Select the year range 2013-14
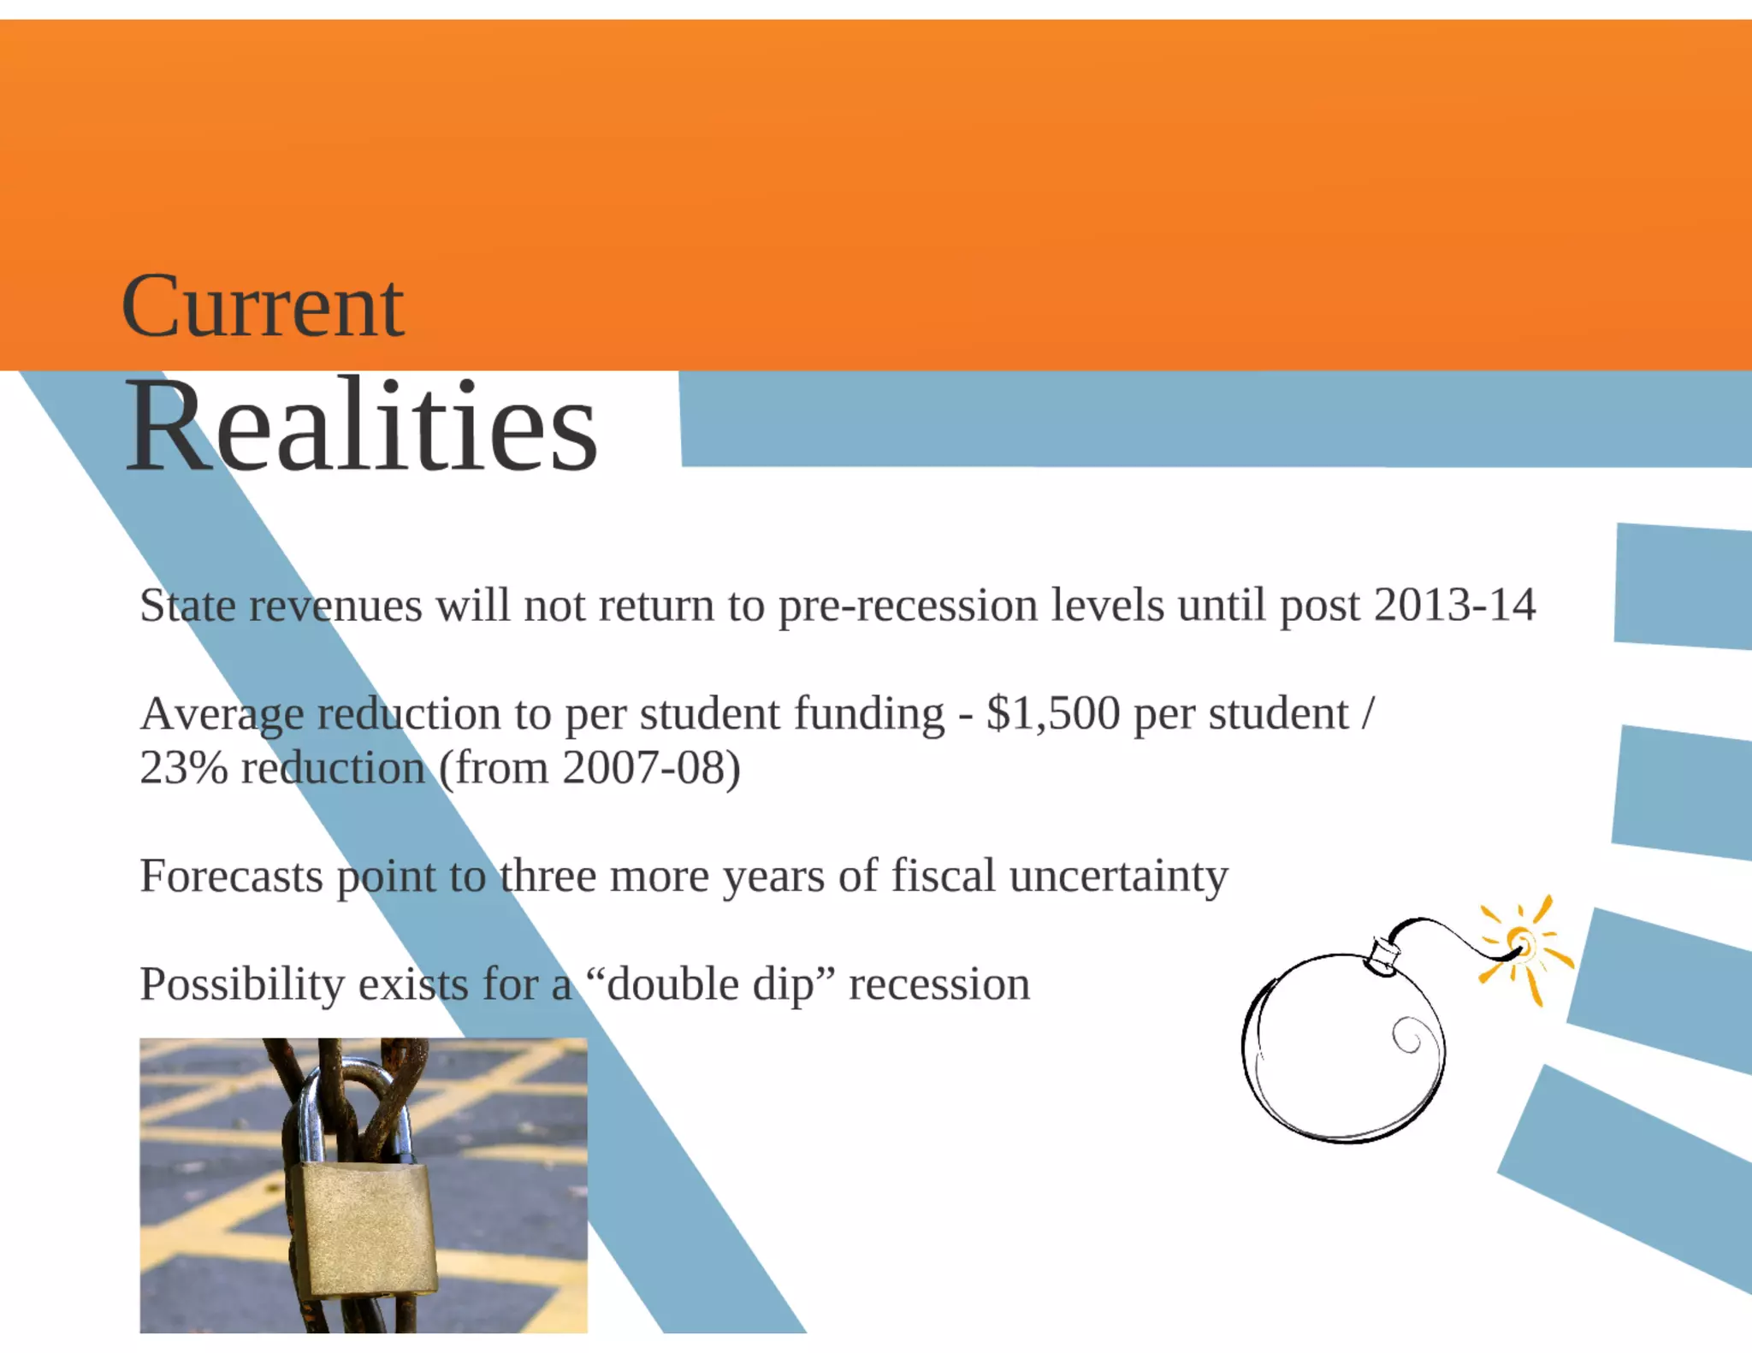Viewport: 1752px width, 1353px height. click(x=1454, y=606)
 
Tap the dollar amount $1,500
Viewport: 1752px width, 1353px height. click(x=1052, y=713)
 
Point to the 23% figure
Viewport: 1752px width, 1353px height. click(x=183, y=768)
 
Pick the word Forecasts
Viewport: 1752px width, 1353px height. click(x=231, y=876)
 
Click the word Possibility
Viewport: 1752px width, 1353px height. click(x=242, y=984)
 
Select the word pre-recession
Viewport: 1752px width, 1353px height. click(x=908, y=606)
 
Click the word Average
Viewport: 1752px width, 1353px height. click(x=222, y=713)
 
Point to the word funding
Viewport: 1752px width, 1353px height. click(x=869, y=713)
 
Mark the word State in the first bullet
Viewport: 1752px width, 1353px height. click(x=187, y=606)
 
